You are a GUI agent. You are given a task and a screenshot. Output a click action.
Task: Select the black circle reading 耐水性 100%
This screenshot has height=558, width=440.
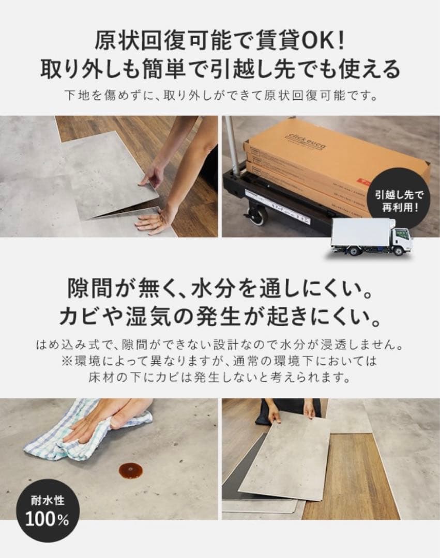click(47, 512)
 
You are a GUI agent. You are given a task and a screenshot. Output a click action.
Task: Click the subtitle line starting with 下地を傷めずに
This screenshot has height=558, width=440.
click(219, 96)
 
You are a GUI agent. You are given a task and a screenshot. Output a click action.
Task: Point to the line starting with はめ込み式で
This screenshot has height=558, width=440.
click(220, 344)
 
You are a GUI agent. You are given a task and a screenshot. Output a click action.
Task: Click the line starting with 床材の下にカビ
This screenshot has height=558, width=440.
click(220, 377)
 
